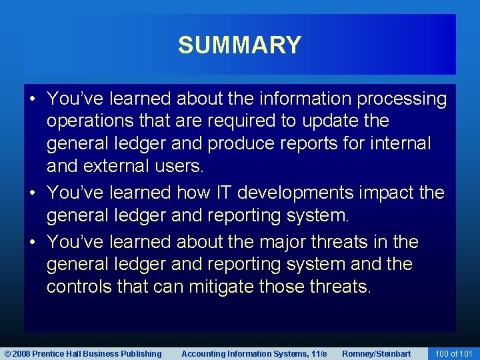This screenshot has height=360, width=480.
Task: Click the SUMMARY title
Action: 239,45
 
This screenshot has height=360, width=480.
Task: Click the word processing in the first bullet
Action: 402,99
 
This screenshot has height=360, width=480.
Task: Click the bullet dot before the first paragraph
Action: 32,99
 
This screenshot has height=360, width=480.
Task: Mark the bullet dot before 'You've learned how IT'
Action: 32,193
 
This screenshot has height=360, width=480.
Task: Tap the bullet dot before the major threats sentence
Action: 32,242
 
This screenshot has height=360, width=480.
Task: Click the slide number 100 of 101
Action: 453,353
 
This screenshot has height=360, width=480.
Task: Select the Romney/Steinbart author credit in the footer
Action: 376,353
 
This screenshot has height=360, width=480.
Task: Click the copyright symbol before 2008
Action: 7,353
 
